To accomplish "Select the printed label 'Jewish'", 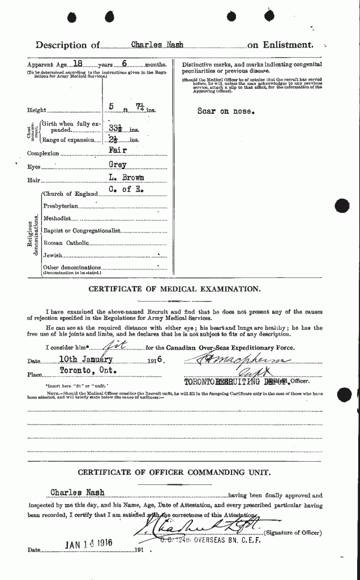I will [53, 255].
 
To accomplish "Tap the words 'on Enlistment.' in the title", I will [280, 44].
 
